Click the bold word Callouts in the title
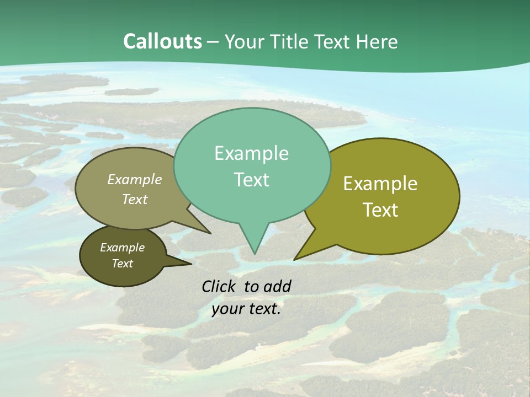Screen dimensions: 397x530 [x=162, y=41]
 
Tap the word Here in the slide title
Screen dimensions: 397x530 [x=378, y=41]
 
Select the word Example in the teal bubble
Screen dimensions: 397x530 [x=251, y=153]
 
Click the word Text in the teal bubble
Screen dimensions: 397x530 [x=251, y=180]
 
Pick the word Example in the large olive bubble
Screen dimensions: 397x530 [x=380, y=184]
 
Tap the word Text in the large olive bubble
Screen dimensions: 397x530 [x=381, y=210]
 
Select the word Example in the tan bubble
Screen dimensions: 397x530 [x=135, y=179]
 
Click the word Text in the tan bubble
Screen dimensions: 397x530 [x=135, y=199]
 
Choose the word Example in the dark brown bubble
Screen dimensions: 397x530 [x=122, y=248]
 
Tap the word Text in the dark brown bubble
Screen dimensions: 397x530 [x=122, y=264]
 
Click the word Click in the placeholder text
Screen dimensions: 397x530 [x=219, y=286]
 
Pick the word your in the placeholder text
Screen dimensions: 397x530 [x=227, y=309]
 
